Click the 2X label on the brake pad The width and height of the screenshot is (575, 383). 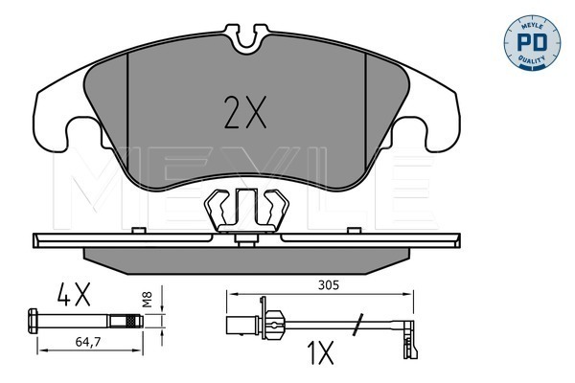245,113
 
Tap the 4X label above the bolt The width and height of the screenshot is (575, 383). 74,295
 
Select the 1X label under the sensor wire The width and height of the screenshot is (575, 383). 320,352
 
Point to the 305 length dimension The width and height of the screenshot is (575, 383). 329,284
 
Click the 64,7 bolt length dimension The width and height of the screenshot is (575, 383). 87,342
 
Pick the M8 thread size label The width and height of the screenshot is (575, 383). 147,299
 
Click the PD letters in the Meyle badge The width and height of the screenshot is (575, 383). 532,42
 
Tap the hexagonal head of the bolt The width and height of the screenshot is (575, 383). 33,321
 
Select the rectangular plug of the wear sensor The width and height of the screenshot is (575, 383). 242,326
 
